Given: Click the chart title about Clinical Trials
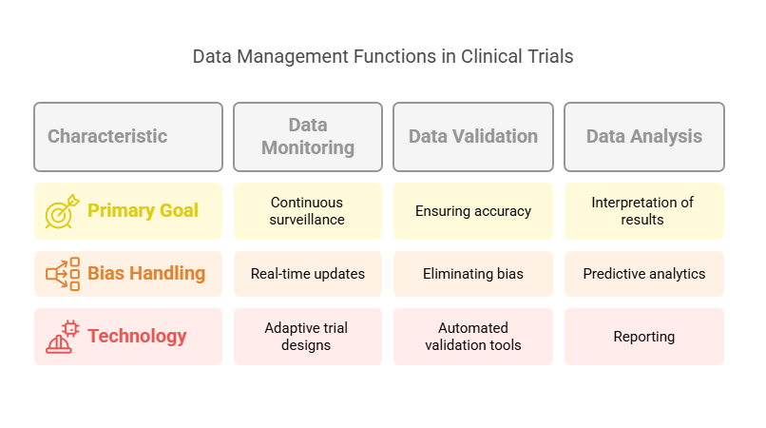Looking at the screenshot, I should [383, 56].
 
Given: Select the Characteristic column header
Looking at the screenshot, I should [127, 136].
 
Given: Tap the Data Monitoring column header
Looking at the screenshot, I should [307, 136].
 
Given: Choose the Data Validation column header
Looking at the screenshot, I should [472, 136].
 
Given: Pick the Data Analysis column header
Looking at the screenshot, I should [643, 136].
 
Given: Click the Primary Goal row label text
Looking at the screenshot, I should [143, 210].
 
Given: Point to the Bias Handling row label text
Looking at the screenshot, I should [146, 273].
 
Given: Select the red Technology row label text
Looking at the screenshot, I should [137, 336].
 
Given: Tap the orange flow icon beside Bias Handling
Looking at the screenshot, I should [63, 274].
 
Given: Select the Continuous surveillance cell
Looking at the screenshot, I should [307, 211].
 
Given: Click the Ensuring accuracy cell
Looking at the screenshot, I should [472, 211].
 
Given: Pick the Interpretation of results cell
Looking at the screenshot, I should [643, 211].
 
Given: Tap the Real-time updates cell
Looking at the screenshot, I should [307, 274].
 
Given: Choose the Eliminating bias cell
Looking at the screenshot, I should [472, 274].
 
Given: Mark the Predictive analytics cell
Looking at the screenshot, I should [643, 274].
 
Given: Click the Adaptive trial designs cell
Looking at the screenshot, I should [307, 337].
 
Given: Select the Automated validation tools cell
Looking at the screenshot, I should [472, 337].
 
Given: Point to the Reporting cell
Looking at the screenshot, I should [643, 337].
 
